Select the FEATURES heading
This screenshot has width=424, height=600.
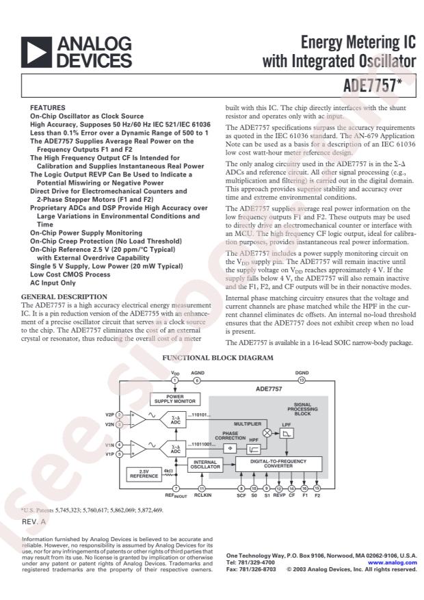tap(48, 108)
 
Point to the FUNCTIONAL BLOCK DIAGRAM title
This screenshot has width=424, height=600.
tap(218, 358)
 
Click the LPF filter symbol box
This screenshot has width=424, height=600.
tap(287, 434)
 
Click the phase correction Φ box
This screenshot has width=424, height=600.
tap(230, 449)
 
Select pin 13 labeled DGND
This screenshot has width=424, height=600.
tap(301, 380)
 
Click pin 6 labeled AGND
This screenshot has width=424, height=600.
tap(196, 380)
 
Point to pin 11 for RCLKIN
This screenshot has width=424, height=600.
tap(202, 487)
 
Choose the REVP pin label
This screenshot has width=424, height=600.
tap(279, 496)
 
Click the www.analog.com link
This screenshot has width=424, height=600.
tap(395, 563)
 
